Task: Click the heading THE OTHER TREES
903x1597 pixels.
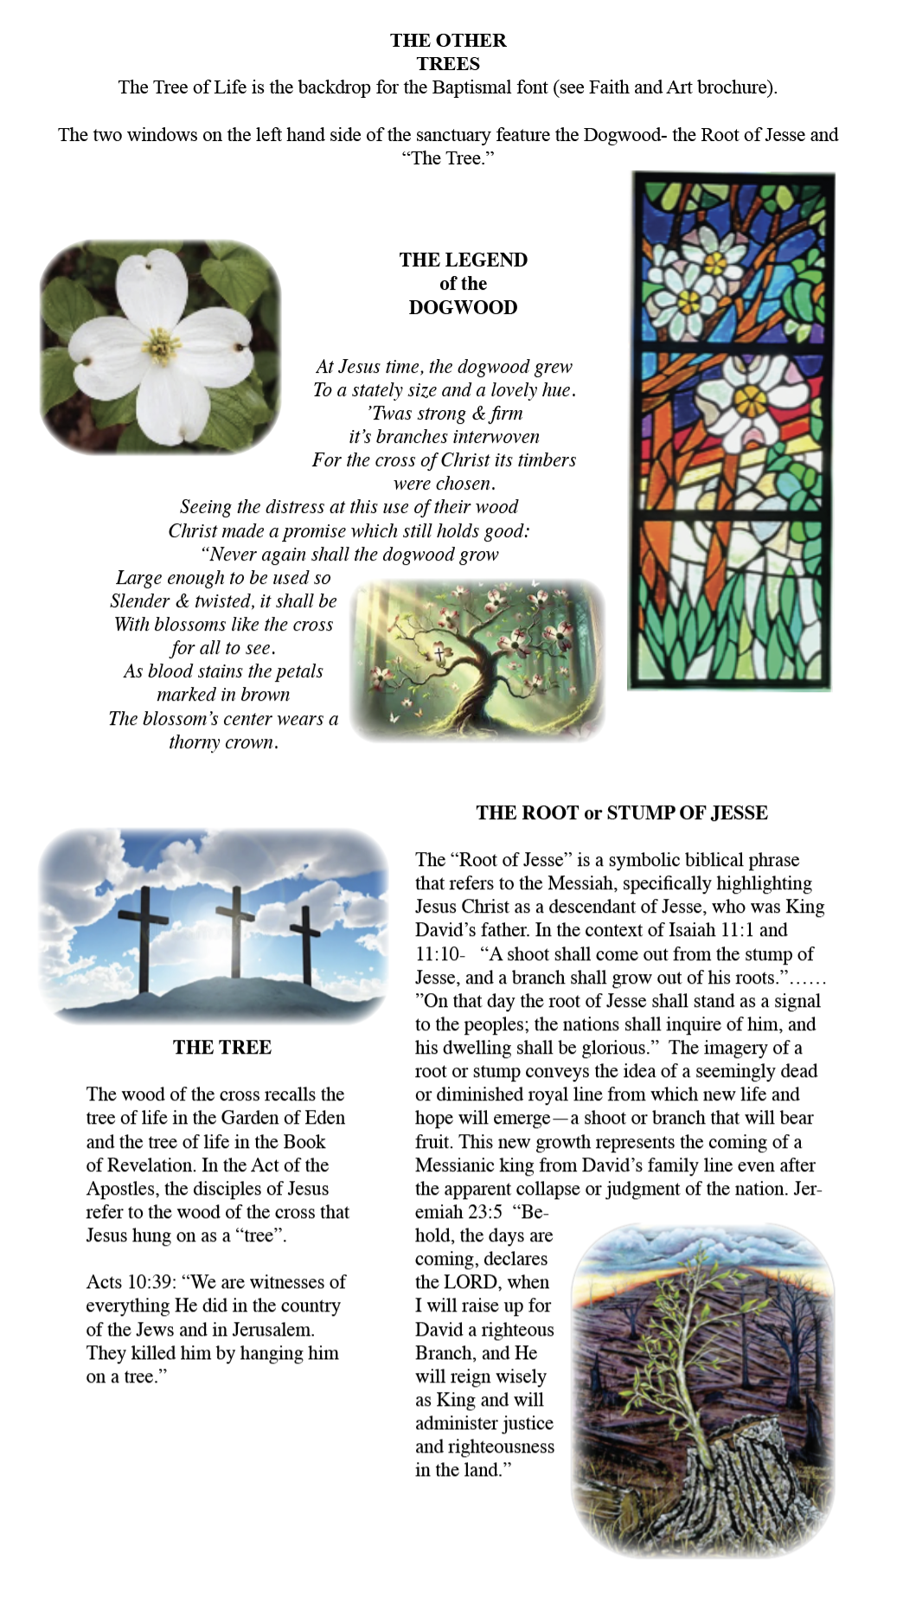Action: [448, 52]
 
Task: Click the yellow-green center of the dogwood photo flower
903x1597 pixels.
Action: [161, 346]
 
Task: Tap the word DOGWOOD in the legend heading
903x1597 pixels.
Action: [463, 307]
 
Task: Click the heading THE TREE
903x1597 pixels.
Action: [222, 1047]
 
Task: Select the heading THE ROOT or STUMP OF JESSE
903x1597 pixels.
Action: [622, 812]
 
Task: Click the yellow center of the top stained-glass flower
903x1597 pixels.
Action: [714, 260]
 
